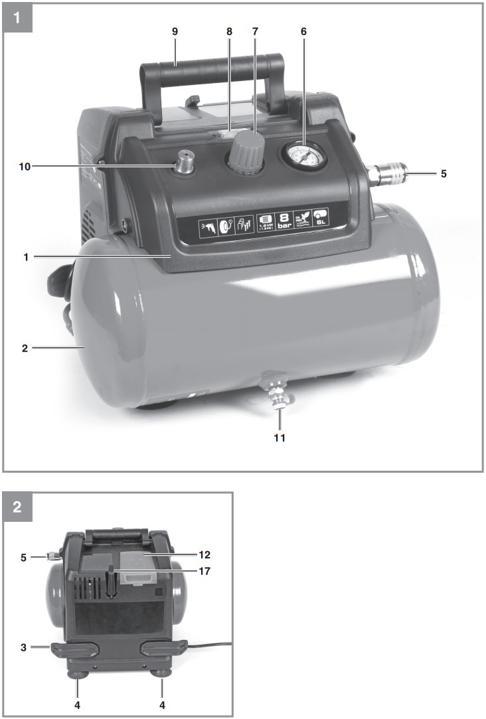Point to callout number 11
pyautogui.click(x=280, y=438)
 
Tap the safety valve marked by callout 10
pyautogui.click(x=185, y=163)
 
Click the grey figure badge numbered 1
pyautogui.click(x=18, y=19)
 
